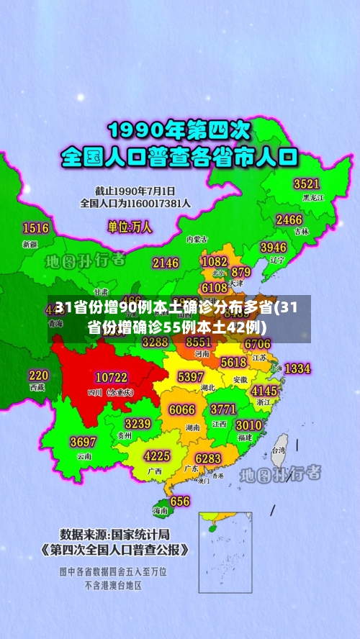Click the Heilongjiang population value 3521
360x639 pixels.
(x=306, y=183)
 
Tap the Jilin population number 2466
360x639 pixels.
(x=289, y=219)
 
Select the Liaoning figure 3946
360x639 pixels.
(x=273, y=248)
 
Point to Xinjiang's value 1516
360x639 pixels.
(x=35, y=228)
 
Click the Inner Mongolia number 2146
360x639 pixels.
(x=165, y=263)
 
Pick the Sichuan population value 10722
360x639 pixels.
(x=111, y=376)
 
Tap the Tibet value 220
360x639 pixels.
(x=38, y=375)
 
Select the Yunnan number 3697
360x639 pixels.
(x=83, y=441)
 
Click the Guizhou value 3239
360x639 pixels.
(x=138, y=423)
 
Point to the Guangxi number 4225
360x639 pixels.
(x=157, y=456)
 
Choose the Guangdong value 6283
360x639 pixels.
(x=207, y=458)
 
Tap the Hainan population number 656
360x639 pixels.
(x=179, y=501)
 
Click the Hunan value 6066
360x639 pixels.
(x=181, y=409)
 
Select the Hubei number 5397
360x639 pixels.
(x=190, y=376)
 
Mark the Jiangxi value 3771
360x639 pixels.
(x=223, y=409)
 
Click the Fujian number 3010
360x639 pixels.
(x=248, y=425)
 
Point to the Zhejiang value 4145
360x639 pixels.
(x=264, y=390)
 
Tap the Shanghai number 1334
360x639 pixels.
(x=297, y=368)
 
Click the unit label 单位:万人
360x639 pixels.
(x=130, y=227)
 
